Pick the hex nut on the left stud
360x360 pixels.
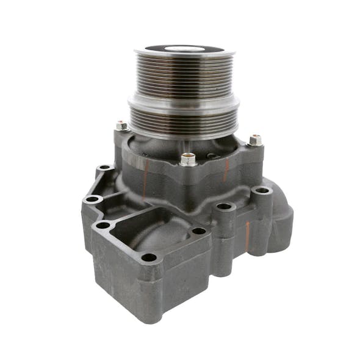tap(121, 126)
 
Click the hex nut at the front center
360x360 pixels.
tap(189, 159)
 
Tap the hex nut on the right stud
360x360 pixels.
tap(255, 140)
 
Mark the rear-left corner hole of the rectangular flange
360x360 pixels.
tap(103, 225)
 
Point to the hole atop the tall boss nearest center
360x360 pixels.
tap(225, 206)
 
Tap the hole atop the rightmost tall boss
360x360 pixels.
tap(263, 190)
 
